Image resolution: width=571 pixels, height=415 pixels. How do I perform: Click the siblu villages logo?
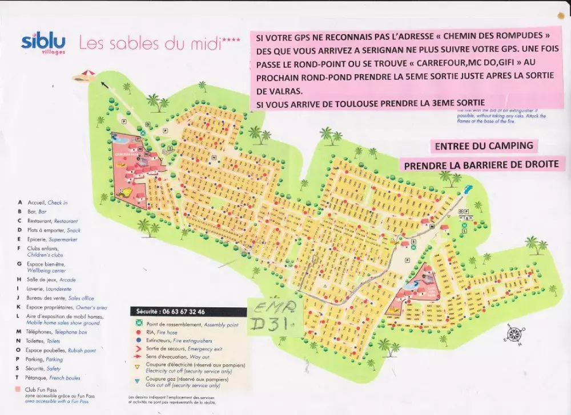(43, 43)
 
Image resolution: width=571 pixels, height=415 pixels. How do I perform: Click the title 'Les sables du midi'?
(159, 43)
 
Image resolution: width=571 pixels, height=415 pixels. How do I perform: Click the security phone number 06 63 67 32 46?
(178, 312)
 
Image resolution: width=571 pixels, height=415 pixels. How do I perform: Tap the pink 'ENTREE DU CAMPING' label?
(484, 146)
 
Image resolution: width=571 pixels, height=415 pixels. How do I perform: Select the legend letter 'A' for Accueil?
(21, 202)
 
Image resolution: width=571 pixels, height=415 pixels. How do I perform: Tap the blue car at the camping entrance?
(467, 189)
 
